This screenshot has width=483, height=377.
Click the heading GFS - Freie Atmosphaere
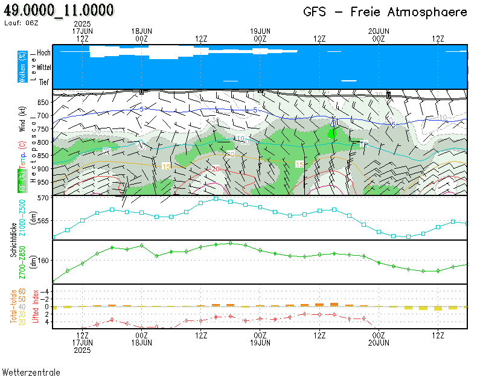[385, 12]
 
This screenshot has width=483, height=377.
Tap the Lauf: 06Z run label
[21, 23]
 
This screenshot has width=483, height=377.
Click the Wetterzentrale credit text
[31, 372]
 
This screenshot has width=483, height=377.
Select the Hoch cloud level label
[43, 53]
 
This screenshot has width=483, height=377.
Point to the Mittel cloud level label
[43, 68]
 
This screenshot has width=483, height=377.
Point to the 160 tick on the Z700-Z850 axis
[43, 261]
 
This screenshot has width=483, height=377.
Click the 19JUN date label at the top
[260, 31]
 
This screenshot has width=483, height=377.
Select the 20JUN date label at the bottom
[379, 342]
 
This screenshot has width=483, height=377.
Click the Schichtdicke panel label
[13, 240]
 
